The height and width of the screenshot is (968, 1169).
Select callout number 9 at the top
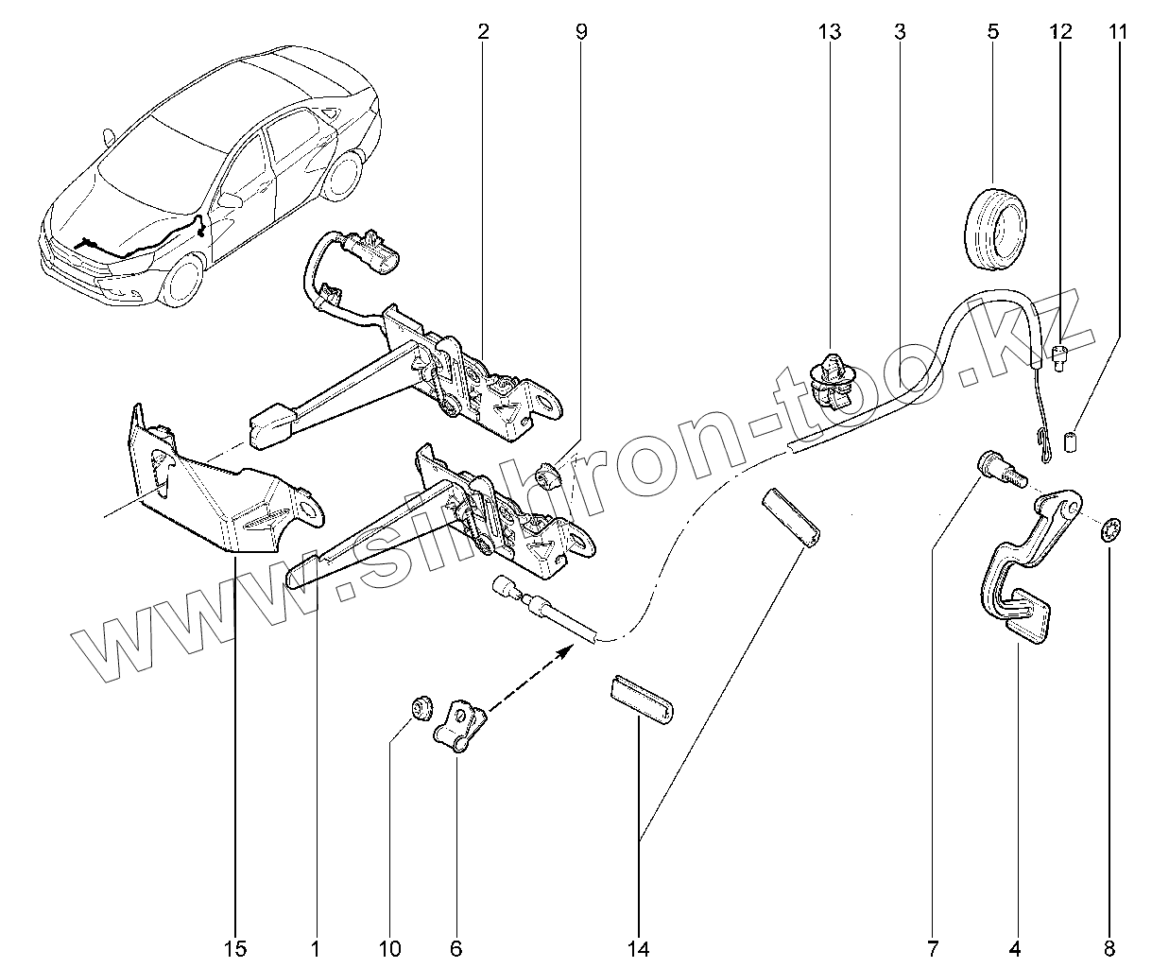coord(580,32)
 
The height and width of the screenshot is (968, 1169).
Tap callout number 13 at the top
coord(829,32)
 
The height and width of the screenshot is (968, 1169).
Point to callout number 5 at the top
coord(992,32)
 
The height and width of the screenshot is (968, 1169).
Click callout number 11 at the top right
coord(1118,32)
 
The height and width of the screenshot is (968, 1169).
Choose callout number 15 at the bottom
coord(235,947)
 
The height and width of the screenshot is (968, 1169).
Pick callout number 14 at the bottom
coord(640,947)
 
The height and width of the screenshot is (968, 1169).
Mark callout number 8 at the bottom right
coord(1109,947)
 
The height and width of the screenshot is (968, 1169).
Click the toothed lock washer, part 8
coord(1109,528)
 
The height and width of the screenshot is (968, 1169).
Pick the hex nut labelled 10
coord(420,706)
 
